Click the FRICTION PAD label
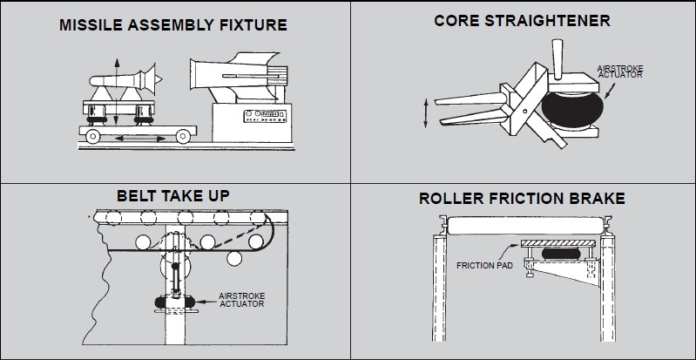[484, 266]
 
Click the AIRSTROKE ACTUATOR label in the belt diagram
[242, 300]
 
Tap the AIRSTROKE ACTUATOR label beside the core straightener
[620, 71]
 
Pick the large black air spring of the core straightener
[572, 110]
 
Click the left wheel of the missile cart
[92, 137]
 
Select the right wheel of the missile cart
[183, 137]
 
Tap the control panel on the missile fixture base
[265, 116]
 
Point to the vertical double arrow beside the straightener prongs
[426, 113]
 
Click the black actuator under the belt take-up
[175, 302]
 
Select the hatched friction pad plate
[558, 243]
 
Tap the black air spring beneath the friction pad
[561, 254]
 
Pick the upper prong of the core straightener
[471, 98]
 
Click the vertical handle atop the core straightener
[557, 57]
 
